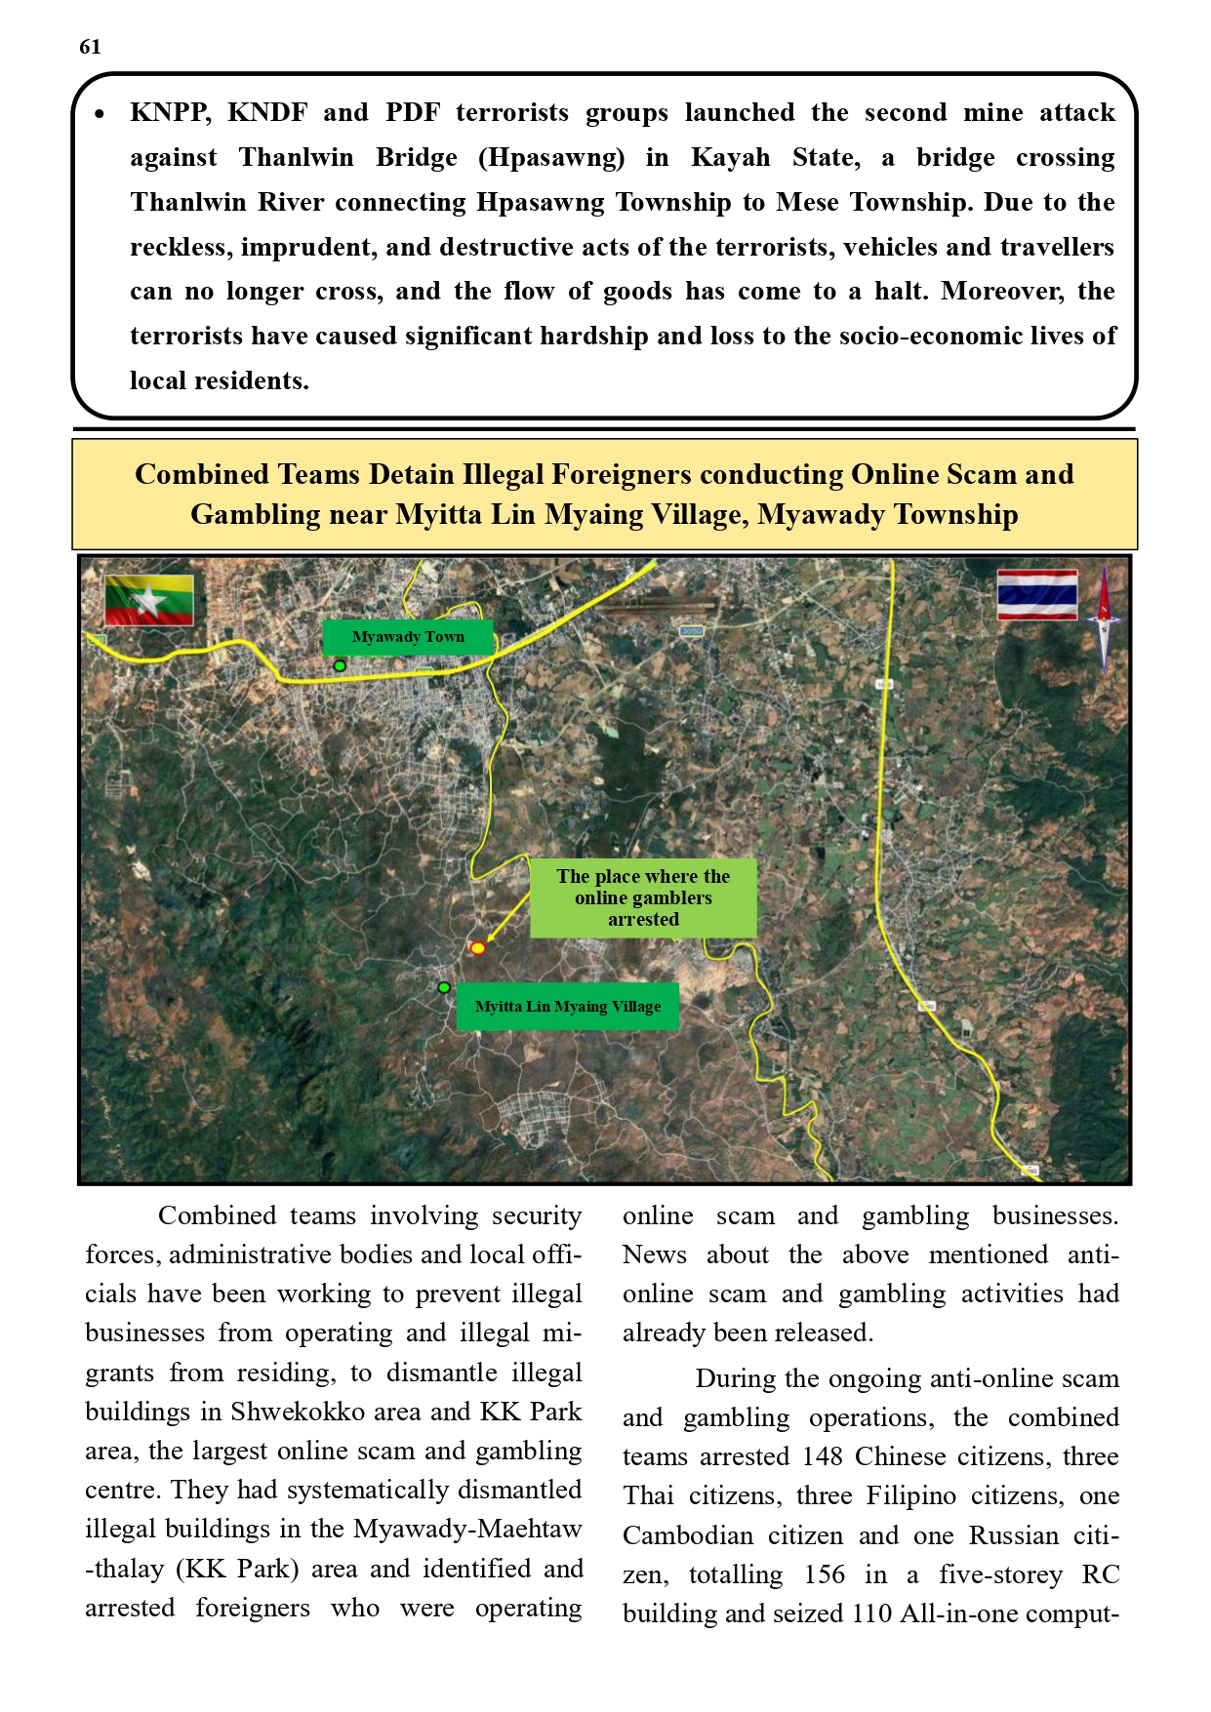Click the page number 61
pyautogui.click(x=90, y=47)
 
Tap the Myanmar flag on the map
pyautogui.click(x=149, y=600)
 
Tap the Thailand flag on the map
pyautogui.click(x=1037, y=595)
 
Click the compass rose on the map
pyautogui.click(x=1104, y=617)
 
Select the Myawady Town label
pyautogui.click(x=408, y=637)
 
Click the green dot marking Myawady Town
pyautogui.click(x=340, y=665)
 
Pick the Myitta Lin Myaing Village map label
pyautogui.click(x=567, y=1007)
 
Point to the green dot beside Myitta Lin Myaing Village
pyautogui.click(x=444, y=987)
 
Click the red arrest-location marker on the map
pyautogui.click(x=477, y=948)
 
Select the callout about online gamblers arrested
pyautogui.click(x=643, y=897)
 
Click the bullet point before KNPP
pyautogui.click(x=100, y=115)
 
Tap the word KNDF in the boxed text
pyautogui.click(x=267, y=113)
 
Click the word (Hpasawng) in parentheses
pyautogui.click(x=551, y=158)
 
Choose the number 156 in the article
pyautogui.click(x=825, y=1574)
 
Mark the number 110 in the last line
pyautogui.click(x=870, y=1613)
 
